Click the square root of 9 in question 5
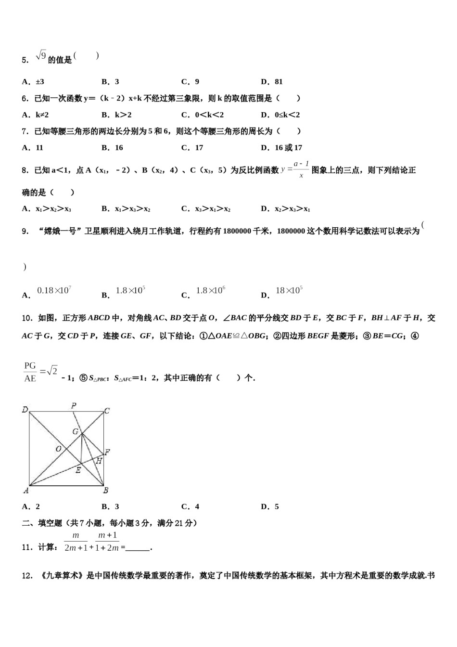point(41,56)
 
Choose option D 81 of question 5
point(272,82)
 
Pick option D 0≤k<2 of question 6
point(280,115)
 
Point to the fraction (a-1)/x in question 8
point(301,169)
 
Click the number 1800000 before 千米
point(237,231)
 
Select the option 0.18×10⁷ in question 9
point(54,290)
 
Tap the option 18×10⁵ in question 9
point(289,290)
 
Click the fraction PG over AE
point(30,372)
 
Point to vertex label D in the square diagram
point(25,410)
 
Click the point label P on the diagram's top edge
point(74,405)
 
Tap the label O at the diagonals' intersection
point(58,449)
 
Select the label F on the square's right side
point(107,452)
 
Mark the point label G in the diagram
point(76,431)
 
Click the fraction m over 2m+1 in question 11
point(76,542)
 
